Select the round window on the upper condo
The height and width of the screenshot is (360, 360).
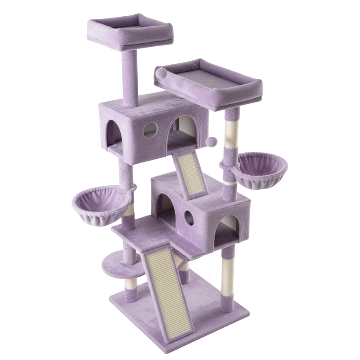[150, 130]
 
